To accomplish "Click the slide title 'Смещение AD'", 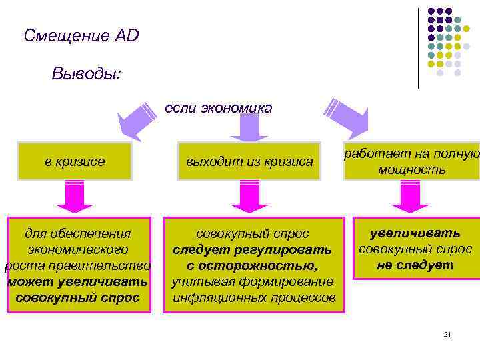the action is (x=81, y=35).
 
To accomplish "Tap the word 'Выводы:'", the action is (x=86, y=73).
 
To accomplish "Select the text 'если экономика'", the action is (x=218, y=108).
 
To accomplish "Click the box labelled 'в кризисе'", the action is (x=75, y=161).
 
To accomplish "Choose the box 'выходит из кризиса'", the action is (x=249, y=161).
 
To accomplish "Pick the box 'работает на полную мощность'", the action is (x=411, y=161).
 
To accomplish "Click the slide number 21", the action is (x=447, y=333).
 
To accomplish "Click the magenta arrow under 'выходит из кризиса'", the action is (x=249, y=198).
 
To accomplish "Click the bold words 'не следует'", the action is (x=415, y=265).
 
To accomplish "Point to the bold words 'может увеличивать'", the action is (x=77, y=281).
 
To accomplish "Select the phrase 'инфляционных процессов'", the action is (x=253, y=297).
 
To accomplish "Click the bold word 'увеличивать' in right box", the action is (x=415, y=233).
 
